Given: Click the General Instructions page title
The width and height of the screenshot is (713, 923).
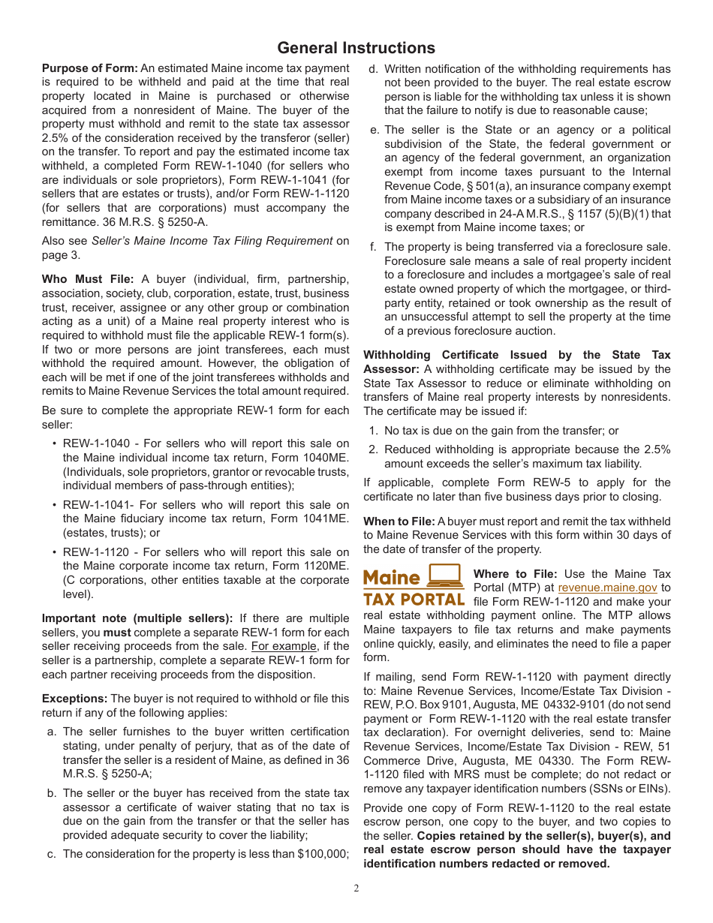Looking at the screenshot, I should point(356,48).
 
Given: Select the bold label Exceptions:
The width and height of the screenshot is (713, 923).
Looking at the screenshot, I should point(74,699).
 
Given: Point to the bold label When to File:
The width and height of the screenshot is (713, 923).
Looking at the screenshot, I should point(399,522).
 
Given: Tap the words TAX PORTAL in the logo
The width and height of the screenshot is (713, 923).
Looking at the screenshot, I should point(414,600).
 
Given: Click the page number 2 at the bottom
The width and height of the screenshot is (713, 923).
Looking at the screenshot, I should point(356,888).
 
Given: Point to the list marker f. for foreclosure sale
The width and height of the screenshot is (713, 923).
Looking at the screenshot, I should point(373,247).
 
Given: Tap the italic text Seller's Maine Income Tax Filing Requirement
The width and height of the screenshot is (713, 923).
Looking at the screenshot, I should point(212,241).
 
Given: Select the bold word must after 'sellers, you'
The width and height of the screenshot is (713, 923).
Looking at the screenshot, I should point(116,633).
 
